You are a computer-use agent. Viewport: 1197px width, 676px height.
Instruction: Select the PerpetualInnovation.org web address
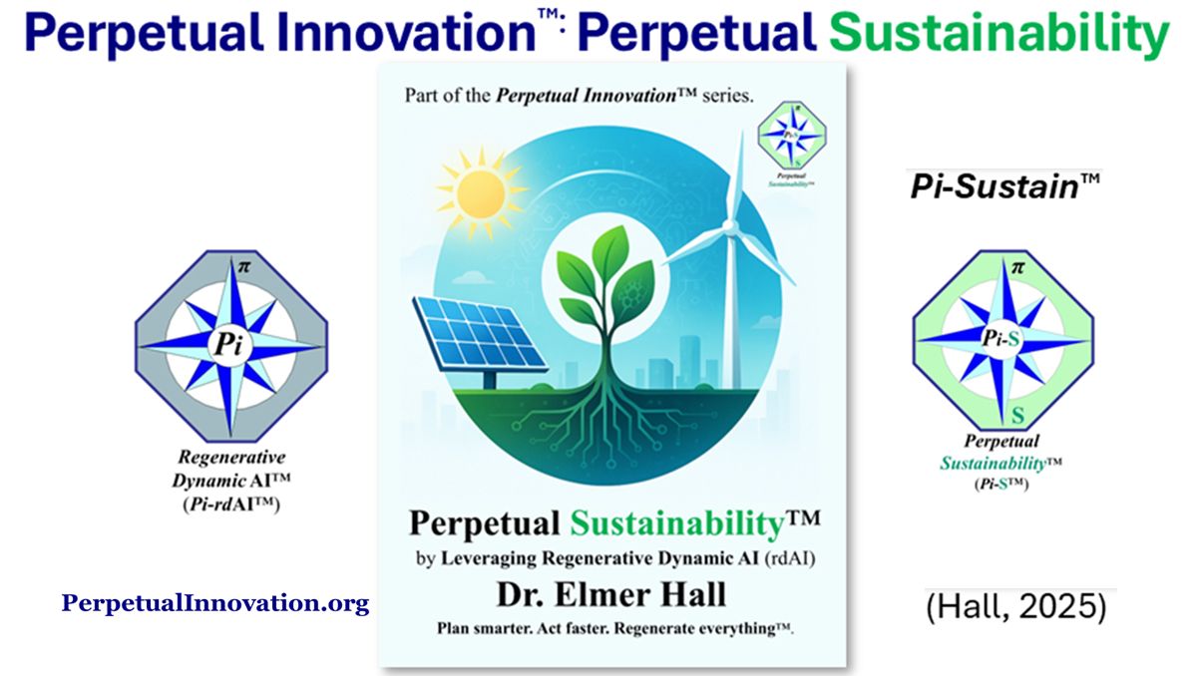coord(215,603)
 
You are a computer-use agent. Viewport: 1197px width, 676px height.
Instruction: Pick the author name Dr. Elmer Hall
coord(611,595)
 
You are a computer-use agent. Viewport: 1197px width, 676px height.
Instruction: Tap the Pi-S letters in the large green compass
coord(1000,339)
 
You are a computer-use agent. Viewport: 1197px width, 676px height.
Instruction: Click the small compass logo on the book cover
coord(791,137)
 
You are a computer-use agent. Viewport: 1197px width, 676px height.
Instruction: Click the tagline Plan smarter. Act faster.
coord(610,628)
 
